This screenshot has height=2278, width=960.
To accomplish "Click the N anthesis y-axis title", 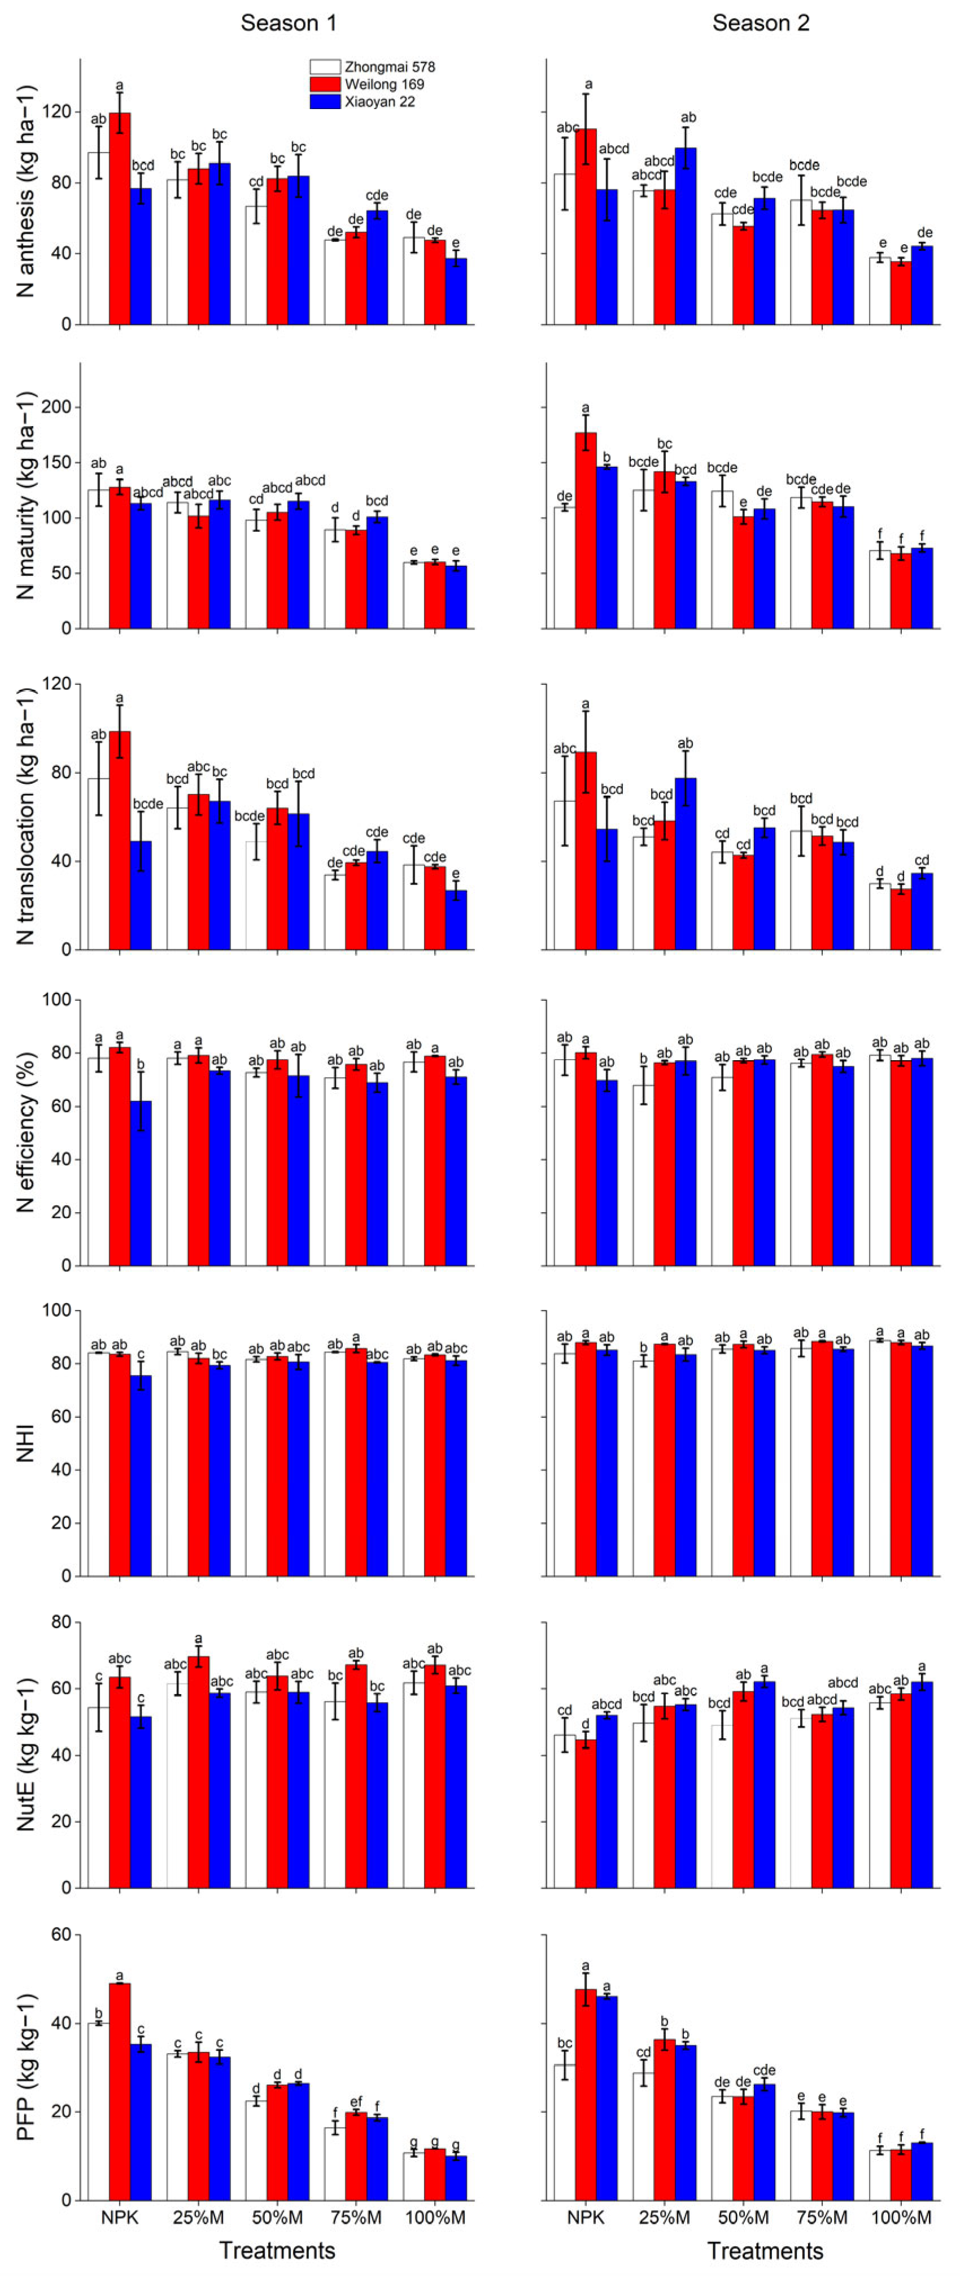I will (27, 190).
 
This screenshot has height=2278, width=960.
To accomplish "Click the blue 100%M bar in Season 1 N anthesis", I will (456, 292).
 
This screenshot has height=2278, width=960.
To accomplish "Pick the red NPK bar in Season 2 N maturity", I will (586, 531).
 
